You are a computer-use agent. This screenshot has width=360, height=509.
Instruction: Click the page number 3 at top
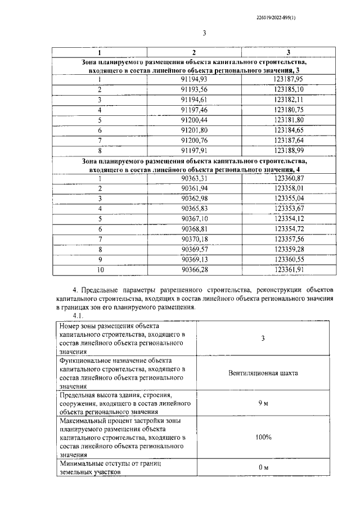point(205,33)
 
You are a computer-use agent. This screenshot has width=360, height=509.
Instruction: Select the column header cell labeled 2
point(194,52)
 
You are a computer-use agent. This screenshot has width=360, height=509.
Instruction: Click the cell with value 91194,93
point(194,79)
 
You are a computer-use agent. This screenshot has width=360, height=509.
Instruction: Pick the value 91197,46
point(194,110)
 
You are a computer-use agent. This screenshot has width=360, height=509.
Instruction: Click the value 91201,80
point(194,130)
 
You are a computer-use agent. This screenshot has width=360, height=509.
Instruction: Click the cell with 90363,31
point(194,178)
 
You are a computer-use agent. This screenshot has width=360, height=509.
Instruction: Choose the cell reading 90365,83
point(194,208)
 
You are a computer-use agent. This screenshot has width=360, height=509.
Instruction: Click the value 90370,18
point(194,239)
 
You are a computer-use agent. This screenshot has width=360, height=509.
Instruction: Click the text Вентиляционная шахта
point(263,373)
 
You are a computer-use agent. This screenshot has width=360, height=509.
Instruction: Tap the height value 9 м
point(263,404)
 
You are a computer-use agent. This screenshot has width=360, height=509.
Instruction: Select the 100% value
point(263,437)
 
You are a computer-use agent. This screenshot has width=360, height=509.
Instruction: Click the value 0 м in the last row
point(263,468)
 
